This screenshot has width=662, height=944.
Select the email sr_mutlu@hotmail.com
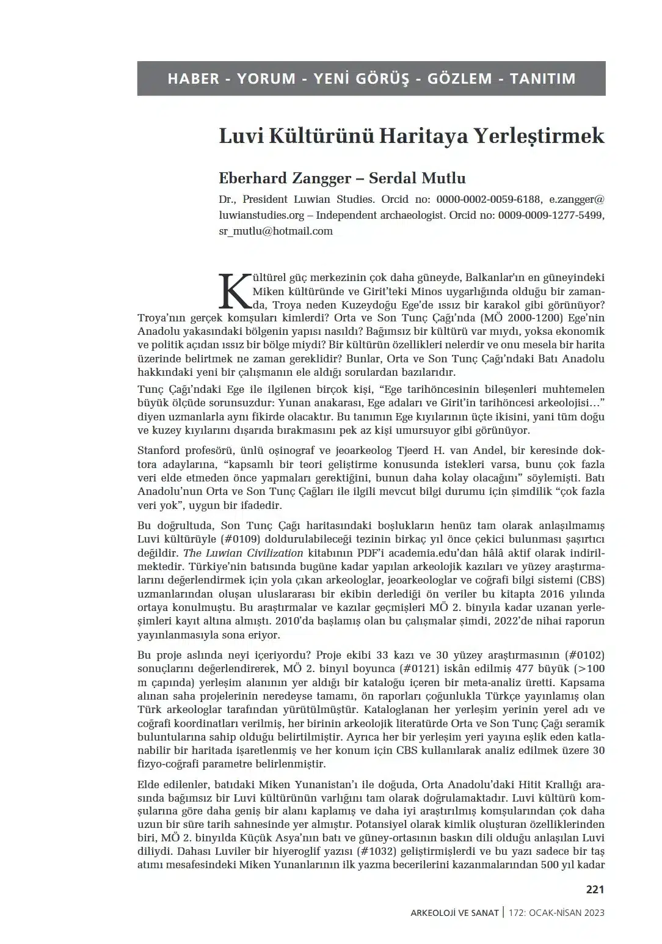[x=275, y=231]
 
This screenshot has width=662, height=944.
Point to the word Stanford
[x=158, y=451]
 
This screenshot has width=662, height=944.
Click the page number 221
[x=594, y=890]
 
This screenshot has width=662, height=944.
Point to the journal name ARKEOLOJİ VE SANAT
[x=455, y=913]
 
